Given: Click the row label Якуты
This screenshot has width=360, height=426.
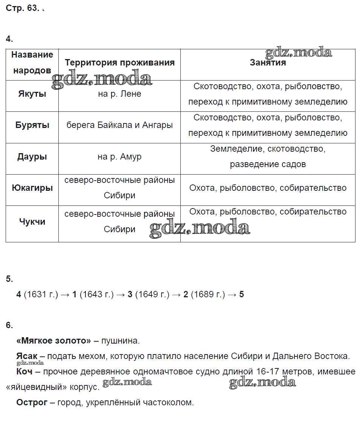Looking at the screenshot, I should tap(32, 94).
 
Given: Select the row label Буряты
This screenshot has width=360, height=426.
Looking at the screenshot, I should tap(32, 125).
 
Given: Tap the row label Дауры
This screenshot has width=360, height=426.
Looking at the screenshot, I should tap(32, 157).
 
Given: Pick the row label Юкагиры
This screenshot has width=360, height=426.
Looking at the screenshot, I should tap(32, 188).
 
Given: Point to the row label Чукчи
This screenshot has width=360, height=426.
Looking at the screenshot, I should tap(32, 222).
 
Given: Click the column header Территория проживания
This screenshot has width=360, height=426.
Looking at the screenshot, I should tap(119, 63).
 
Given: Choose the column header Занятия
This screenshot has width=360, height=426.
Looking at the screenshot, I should tap(268, 63).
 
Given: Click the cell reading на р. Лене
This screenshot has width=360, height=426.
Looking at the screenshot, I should tap(119, 94).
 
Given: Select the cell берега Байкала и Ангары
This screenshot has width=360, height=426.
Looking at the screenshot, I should tap(119, 125).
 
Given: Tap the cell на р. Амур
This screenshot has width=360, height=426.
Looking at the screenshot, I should tap(119, 157).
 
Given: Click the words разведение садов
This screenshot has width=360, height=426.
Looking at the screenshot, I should tap(268, 164).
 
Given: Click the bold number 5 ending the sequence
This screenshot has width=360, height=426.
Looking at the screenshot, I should tap(241, 294).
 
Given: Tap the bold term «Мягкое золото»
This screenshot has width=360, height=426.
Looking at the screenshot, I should tap(53, 341).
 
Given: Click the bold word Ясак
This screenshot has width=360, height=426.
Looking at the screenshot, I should tap(27, 356).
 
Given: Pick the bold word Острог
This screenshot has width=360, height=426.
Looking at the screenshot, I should tap(32, 403).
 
